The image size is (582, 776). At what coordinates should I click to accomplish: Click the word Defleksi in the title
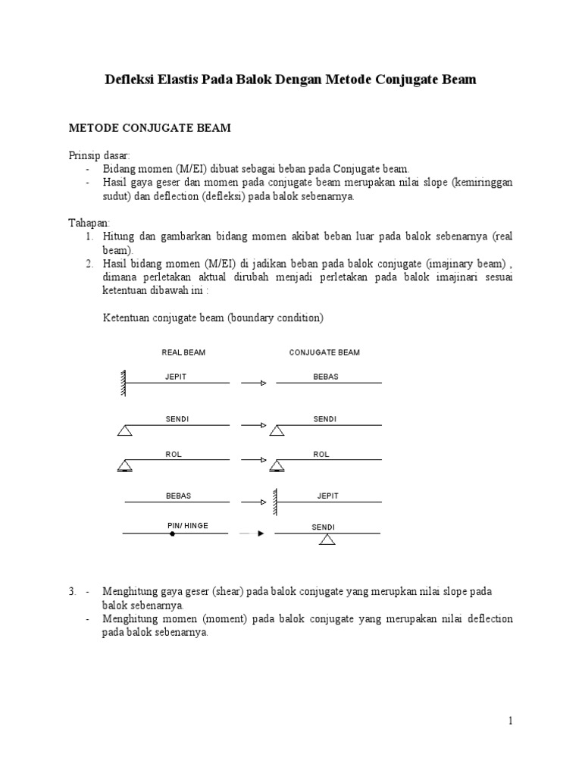[x=129, y=80]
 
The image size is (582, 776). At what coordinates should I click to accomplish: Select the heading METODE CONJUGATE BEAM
[x=149, y=129]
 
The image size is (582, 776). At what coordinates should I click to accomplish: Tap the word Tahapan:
[x=89, y=224]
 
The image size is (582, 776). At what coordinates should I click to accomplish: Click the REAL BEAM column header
[x=183, y=352]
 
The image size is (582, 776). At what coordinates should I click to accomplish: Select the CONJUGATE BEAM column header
[x=324, y=352]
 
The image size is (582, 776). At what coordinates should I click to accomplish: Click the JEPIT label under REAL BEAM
[x=175, y=376]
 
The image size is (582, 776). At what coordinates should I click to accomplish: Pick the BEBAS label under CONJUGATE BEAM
[x=326, y=376]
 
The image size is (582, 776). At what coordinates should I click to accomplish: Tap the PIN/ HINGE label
[x=187, y=524]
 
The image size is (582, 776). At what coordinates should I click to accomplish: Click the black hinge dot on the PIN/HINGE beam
[x=172, y=534]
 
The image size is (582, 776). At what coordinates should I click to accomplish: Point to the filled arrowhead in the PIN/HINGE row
[x=260, y=534]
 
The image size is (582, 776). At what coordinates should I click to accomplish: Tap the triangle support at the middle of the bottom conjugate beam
[x=327, y=540]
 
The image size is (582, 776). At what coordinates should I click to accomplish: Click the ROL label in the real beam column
[x=174, y=455]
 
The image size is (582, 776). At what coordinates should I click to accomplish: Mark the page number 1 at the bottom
[x=511, y=721]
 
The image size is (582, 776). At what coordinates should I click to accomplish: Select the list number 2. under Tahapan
[x=89, y=263]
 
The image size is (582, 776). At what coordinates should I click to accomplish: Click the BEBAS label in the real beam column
[x=178, y=496]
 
